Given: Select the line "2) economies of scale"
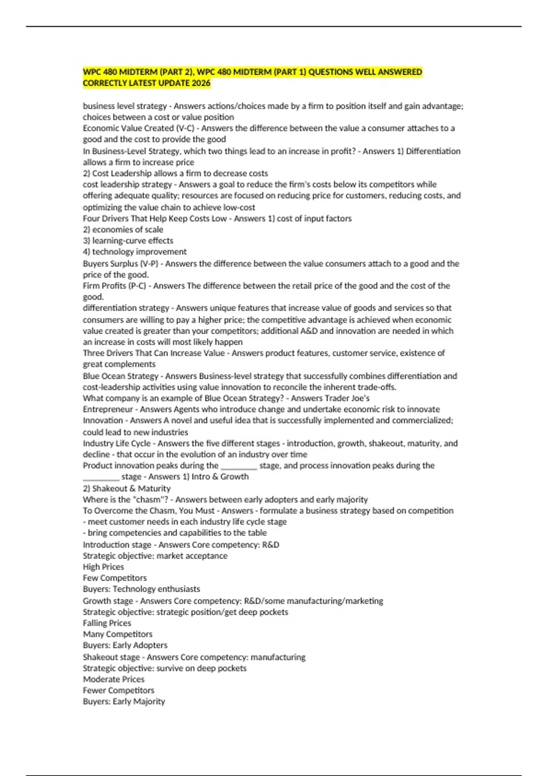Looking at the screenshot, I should pyautogui.click(x=123, y=230).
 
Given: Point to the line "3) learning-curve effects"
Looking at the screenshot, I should pyautogui.click(x=128, y=241).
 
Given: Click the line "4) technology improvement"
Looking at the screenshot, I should pyautogui.click(x=135, y=252).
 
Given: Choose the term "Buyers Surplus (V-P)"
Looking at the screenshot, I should pyautogui.click(x=120, y=264).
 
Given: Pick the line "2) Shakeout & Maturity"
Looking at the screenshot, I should pyautogui.click(x=126, y=488).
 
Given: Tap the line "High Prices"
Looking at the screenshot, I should pyautogui.click(x=103, y=567).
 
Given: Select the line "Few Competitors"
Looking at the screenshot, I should pyautogui.click(x=115, y=578).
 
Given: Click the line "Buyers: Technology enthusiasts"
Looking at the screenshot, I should pyautogui.click(x=141, y=589).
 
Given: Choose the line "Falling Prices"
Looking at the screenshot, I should pyautogui.click(x=107, y=623).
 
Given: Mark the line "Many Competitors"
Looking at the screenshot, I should pyautogui.click(x=117, y=634).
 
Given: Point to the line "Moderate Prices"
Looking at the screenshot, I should pyautogui.click(x=113, y=679).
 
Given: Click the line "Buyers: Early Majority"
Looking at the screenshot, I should pyautogui.click(x=124, y=702).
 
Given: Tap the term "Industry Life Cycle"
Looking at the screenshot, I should pyautogui.click(x=116, y=443).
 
